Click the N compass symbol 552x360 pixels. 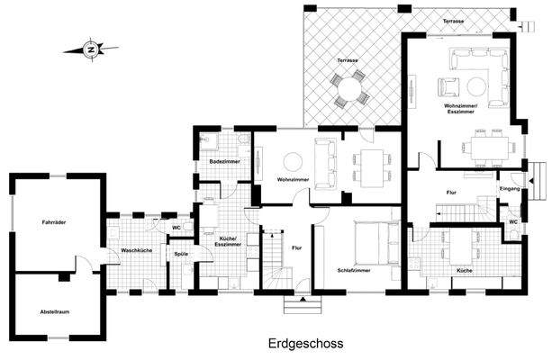pyautogui.click(x=91, y=49)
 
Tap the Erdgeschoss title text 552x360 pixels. pyautogui.click(x=305, y=343)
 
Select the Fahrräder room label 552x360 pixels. pyautogui.click(x=54, y=222)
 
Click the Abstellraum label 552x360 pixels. pyautogui.click(x=55, y=311)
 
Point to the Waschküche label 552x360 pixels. pyautogui.click(x=137, y=250)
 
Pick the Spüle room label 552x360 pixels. pyautogui.click(x=181, y=254)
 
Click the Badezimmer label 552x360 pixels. pyautogui.click(x=224, y=161)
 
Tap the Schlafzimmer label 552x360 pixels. pyautogui.click(x=354, y=271)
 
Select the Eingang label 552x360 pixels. pyautogui.click(x=510, y=189)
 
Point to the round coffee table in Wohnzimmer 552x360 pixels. pyautogui.click(x=293, y=161)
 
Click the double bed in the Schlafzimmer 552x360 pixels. pyautogui.click(x=376, y=243)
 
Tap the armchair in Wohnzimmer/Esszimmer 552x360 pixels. pyautogui.click(x=448, y=87)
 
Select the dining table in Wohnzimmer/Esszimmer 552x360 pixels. pyautogui.click(x=490, y=148)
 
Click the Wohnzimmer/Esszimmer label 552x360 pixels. pyautogui.click(x=460, y=109)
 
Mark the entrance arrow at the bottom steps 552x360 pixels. pyautogui.click(x=303, y=300)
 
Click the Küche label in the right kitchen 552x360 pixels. pyautogui.click(x=465, y=271)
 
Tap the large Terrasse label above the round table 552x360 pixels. pyautogui.click(x=348, y=60)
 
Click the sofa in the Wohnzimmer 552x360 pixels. pyautogui.click(x=325, y=164)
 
